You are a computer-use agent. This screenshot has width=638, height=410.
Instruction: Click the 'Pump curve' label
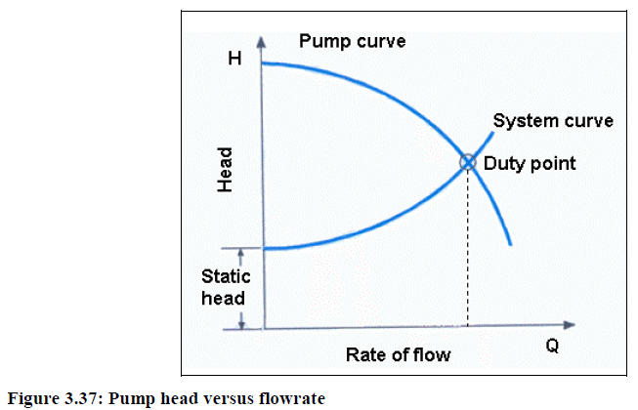[351, 42]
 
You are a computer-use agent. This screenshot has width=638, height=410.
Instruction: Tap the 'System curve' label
[553, 121]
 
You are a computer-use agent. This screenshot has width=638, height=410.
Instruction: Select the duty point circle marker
[467, 163]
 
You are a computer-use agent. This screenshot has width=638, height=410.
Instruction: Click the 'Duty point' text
[530, 163]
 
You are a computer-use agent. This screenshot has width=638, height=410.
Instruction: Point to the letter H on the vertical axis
[234, 60]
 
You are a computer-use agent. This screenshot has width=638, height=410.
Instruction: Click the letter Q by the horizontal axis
[552, 348]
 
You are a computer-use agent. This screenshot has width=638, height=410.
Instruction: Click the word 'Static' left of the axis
[226, 277]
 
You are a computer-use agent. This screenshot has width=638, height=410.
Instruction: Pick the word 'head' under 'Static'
[223, 298]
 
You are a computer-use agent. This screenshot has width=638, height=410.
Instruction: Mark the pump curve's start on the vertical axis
[264, 63]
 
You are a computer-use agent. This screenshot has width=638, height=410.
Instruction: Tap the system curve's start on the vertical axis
[265, 249]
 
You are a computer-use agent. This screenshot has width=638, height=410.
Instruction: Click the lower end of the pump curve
[510, 243]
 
